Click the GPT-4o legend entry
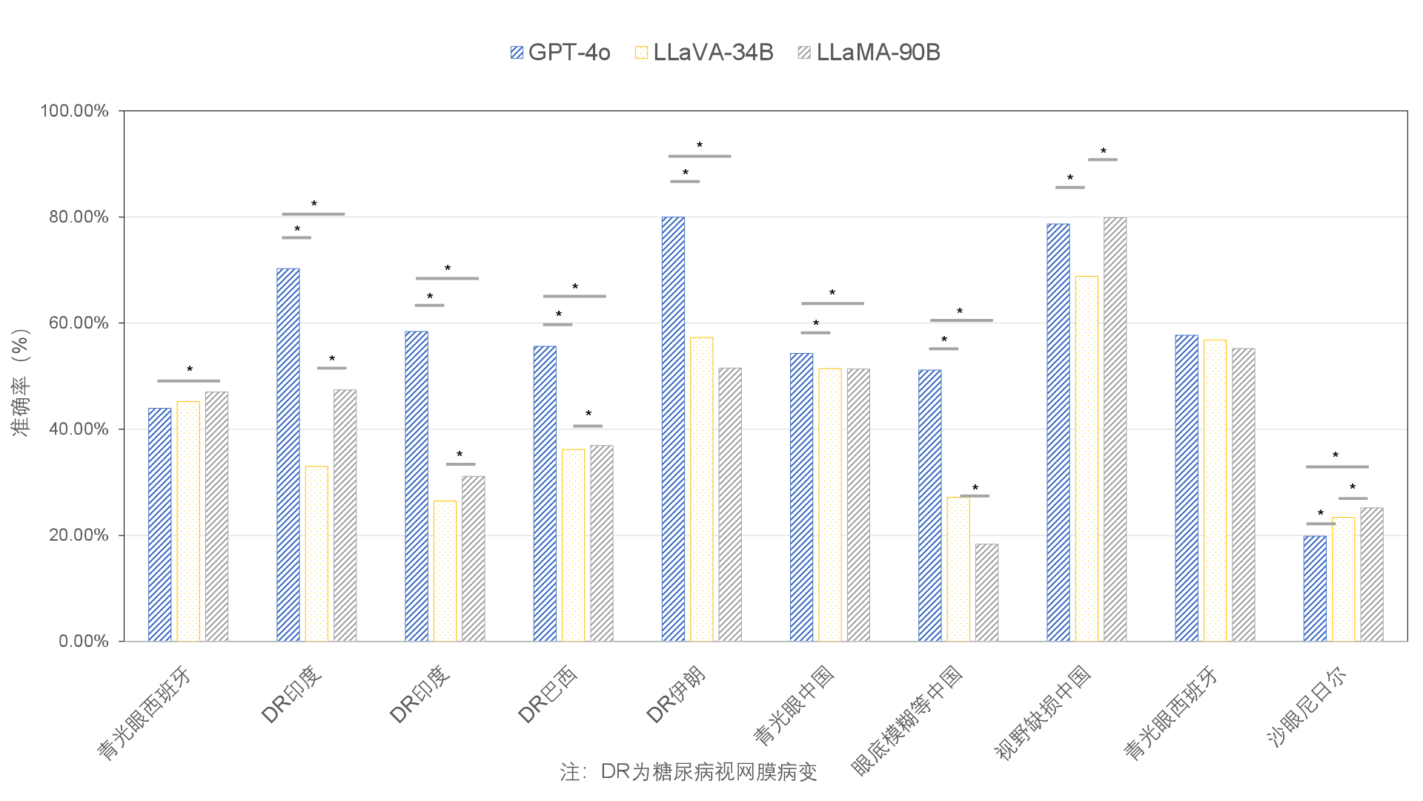[x=560, y=53]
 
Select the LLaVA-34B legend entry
[x=704, y=53]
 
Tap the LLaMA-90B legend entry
[x=869, y=53]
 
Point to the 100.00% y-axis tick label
[x=74, y=111]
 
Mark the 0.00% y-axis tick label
[x=83, y=642]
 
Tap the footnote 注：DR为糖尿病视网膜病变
[x=689, y=772]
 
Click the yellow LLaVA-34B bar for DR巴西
[x=573, y=545]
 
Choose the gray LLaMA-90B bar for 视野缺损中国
[x=1115, y=429]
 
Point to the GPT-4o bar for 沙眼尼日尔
[x=1315, y=588]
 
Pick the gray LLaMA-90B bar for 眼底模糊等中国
[x=986, y=593]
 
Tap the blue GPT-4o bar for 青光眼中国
[x=801, y=497]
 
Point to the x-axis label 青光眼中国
[x=794, y=705]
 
